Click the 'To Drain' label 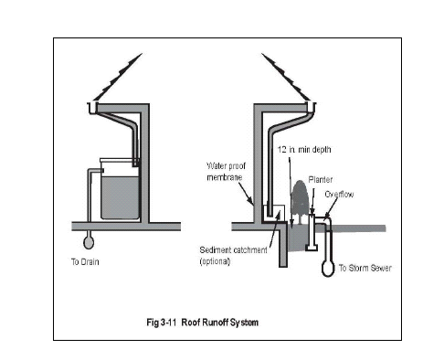tap(85, 261)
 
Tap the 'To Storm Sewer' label tap(365, 268)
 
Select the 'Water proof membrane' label tap(226, 172)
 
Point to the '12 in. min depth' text tap(304, 150)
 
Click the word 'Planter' tap(321, 180)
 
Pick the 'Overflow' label tap(339, 195)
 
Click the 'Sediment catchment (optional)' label tap(233, 256)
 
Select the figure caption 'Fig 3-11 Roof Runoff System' tap(203, 323)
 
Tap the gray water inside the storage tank tap(120, 197)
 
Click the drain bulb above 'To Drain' tap(89, 242)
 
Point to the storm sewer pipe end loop tap(328, 268)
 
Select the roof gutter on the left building tap(92, 108)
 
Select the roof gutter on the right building tap(311, 109)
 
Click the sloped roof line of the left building tap(118, 77)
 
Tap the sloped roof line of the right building tap(286, 77)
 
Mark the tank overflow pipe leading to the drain tap(90, 195)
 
